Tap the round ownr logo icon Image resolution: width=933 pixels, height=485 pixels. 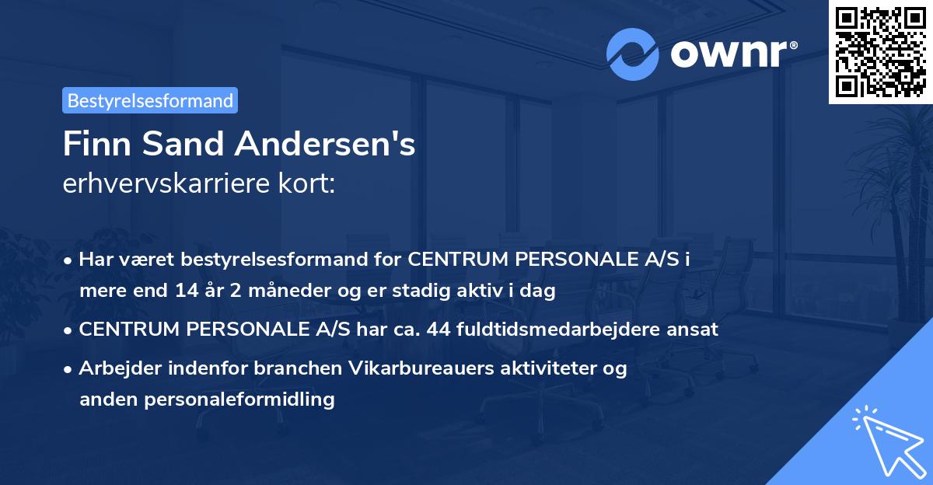point(633,54)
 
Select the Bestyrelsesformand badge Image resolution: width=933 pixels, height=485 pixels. point(150,100)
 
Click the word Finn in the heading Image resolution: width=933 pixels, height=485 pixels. point(95,144)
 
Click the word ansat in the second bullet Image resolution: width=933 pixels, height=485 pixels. point(696,329)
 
